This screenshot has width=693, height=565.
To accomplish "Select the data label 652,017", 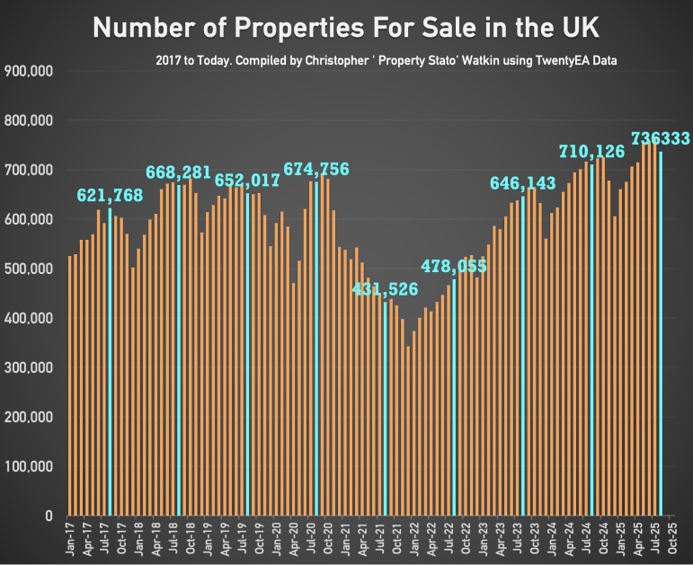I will (x=248, y=180).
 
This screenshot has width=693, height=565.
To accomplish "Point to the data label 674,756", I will (x=316, y=169).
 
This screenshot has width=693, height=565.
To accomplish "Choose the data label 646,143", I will (x=523, y=183).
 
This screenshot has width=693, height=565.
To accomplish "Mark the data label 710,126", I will (x=591, y=151).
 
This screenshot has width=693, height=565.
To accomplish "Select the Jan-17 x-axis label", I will (x=70, y=540).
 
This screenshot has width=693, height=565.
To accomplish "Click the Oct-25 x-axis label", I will (x=673, y=540).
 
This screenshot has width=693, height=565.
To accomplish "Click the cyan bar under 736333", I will (x=662, y=333).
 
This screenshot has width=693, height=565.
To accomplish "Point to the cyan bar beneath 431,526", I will (x=386, y=409).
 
